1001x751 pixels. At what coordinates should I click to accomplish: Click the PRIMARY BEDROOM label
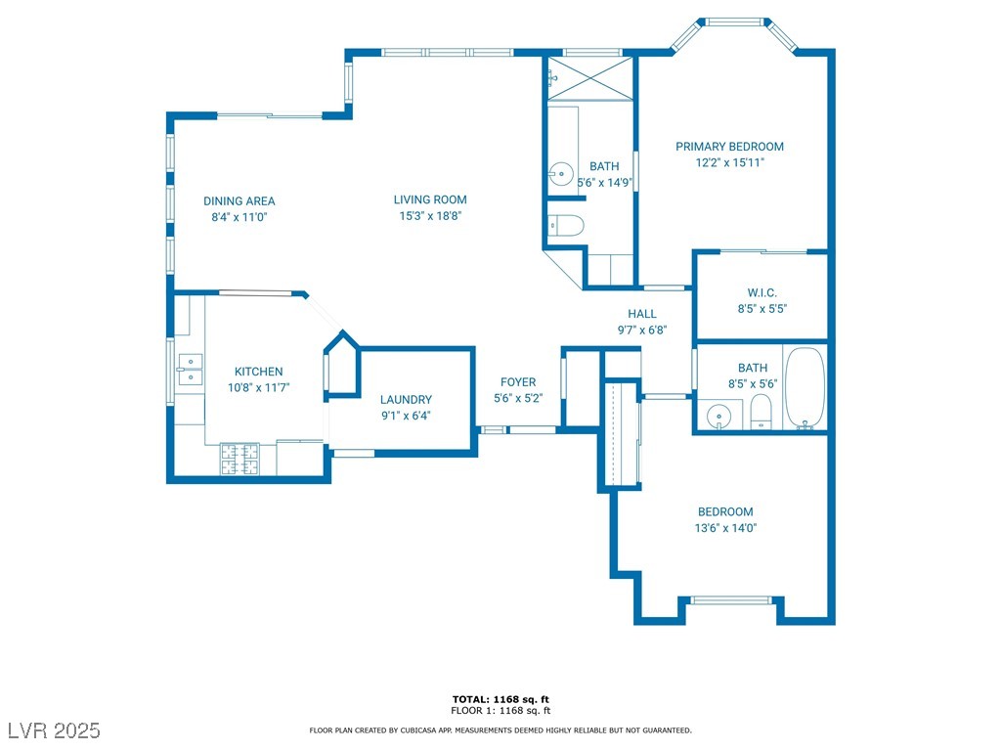point(729,147)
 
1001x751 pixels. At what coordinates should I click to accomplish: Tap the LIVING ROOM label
point(430,199)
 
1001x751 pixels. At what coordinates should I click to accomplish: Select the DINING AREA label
point(239,201)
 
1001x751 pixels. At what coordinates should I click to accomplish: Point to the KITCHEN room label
point(258,372)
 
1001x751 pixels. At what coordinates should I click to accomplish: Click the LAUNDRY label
point(406,400)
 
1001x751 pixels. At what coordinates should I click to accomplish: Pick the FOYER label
point(518,382)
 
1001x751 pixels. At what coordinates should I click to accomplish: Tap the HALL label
point(642,314)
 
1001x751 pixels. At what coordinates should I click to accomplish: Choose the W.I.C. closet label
point(762,293)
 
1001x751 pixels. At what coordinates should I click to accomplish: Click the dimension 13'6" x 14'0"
point(725,528)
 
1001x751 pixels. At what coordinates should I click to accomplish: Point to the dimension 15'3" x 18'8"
point(430,216)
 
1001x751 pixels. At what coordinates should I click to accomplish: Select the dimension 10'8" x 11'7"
point(258,387)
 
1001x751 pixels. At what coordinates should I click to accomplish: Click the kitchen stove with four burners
point(240,460)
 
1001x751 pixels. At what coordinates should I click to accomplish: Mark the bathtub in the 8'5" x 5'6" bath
point(805,388)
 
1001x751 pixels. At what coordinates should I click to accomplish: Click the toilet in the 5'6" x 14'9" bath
point(566,226)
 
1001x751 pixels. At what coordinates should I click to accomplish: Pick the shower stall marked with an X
point(590,78)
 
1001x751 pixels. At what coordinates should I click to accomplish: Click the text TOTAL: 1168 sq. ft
point(500,699)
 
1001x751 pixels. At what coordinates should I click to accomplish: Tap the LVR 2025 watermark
point(55,730)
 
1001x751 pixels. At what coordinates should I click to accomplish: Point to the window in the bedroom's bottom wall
point(731,600)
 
